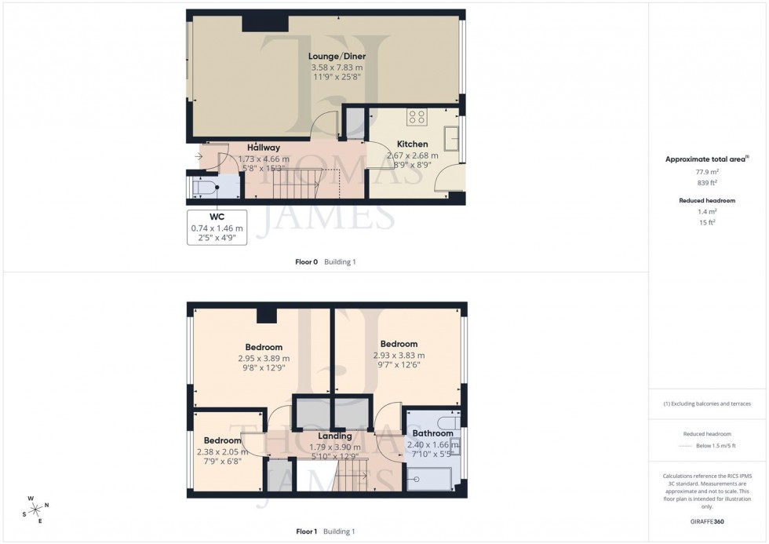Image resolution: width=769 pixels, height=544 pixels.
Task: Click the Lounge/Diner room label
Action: pos(337,57)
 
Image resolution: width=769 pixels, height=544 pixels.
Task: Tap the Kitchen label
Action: pos(412,144)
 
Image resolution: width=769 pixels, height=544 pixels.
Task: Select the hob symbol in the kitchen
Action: pos(417,118)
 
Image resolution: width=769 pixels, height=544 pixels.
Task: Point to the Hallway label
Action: pos(264,148)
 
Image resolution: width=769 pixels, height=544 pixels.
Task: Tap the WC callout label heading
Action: pos(217,217)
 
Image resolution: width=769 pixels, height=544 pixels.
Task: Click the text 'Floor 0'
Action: pos(306,262)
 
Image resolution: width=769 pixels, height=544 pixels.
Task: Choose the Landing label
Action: pos(334,436)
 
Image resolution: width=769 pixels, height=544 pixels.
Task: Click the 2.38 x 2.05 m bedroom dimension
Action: pos(222,451)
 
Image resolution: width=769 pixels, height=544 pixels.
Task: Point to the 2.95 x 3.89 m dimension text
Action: pos(264,359)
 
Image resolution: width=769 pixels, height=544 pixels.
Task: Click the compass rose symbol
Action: pos(36,508)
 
